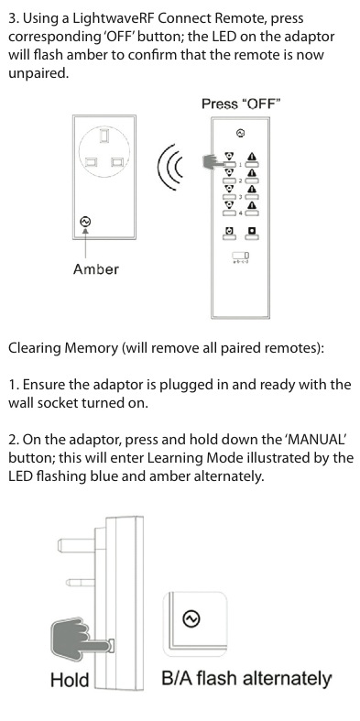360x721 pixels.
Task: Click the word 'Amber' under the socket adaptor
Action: click(95, 269)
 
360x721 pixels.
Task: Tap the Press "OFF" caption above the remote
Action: click(241, 104)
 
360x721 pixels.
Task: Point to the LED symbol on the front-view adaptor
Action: click(85, 222)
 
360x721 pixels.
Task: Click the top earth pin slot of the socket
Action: click(104, 136)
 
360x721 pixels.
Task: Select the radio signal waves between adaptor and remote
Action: click(169, 167)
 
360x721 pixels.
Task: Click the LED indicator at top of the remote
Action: click(240, 134)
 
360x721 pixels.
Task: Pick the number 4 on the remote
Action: click(240, 213)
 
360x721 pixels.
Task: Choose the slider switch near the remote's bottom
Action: click(241, 255)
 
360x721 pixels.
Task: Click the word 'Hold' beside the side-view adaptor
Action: click(70, 679)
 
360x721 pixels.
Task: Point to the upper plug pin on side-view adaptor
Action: click(76, 545)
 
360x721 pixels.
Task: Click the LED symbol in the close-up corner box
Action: click(191, 618)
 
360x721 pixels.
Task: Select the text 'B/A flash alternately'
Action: click(246, 679)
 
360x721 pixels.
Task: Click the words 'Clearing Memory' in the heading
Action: click(63, 347)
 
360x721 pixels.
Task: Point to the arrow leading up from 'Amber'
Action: click(85, 243)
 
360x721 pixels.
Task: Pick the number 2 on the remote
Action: click(240, 180)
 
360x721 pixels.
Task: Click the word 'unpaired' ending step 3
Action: click(38, 73)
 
